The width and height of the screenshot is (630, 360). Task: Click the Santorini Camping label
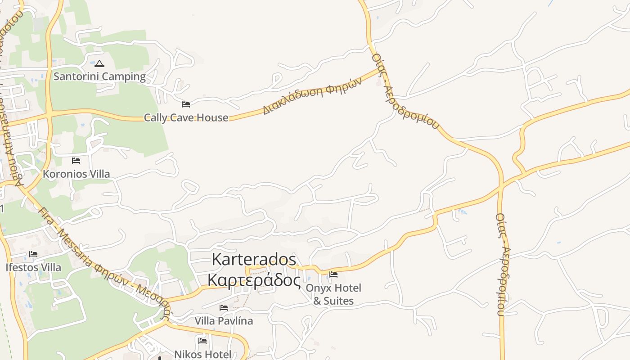[x=99, y=76]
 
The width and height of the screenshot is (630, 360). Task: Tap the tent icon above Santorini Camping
[x=99, y=63]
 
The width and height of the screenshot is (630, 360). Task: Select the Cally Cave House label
[x=186, y=118]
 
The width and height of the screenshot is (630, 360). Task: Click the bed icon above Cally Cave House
[x=186, y=104]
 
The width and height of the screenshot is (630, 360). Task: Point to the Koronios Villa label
[x=76, y=174]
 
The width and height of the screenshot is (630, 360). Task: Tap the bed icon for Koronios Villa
[x=76, y=160]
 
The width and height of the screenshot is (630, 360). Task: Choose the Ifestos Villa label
[x=33, y=267]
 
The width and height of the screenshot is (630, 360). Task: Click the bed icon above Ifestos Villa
[x=33, y=254]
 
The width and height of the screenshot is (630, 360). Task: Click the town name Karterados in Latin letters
[x=254, y=260]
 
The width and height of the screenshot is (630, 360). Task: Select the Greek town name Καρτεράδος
[x=254, y=280]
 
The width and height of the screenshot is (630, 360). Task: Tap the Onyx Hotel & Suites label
[x=333, y=294]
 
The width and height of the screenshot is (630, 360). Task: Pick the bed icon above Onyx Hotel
[x=333, y=274]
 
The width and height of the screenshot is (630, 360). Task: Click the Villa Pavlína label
[x=224, y=321]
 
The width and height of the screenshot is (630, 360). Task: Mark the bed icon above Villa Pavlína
[x=224, y=308]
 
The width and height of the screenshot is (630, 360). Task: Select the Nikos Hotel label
[x=202, y=354]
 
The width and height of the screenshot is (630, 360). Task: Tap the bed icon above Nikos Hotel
[x=202, y=341]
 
